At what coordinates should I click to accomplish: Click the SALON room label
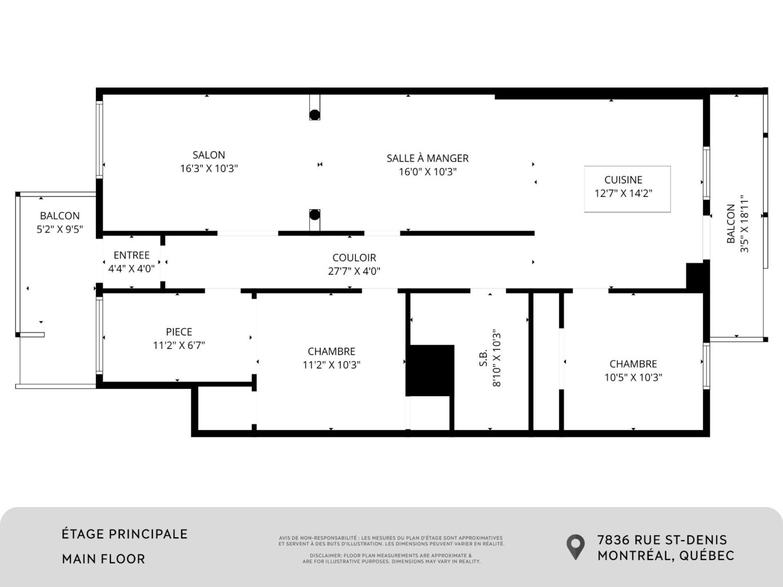coord(209,155)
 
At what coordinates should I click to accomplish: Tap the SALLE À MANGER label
coord(428,158)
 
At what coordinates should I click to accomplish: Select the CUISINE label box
coord(627,189)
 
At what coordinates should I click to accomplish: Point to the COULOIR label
coord(354,258)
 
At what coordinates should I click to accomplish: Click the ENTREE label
coord(131,255)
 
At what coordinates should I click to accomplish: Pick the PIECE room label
coord(179,332)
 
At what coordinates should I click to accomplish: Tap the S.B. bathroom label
coord(483,358)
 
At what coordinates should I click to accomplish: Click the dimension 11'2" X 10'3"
coord(331,365)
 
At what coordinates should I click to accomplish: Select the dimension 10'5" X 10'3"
coord(633,377)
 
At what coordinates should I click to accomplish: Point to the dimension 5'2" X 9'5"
coord(60,230)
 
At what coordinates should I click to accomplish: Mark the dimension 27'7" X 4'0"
coord(354,272)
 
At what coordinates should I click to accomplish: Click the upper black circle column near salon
coord(314,114)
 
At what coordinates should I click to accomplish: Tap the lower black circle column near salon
coord(314,215)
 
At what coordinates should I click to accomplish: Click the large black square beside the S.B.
coord(430,370)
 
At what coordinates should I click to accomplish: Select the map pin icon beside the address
coord(576,546)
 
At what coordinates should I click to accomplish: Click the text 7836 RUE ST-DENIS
coord(662,540)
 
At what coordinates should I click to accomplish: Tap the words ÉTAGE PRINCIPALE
coord(125,534)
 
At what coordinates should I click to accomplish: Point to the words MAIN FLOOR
coord(103,559)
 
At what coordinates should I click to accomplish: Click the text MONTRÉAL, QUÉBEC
coord(666,556)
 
